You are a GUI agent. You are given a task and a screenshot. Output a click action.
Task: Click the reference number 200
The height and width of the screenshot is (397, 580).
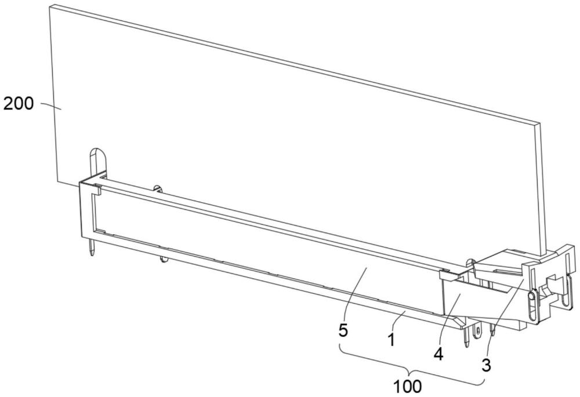[18, 104]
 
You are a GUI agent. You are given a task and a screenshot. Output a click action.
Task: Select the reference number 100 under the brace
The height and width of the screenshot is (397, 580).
[407, 387]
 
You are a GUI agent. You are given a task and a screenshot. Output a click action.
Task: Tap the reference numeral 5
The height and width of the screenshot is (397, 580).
[343, 330]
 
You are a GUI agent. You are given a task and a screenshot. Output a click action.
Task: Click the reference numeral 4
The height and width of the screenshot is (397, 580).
[438, 354]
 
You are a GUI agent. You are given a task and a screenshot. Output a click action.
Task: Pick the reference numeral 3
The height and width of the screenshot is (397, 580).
[486, 365]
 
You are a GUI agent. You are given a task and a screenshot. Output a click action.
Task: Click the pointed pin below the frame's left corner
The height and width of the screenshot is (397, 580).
[92, 246]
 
